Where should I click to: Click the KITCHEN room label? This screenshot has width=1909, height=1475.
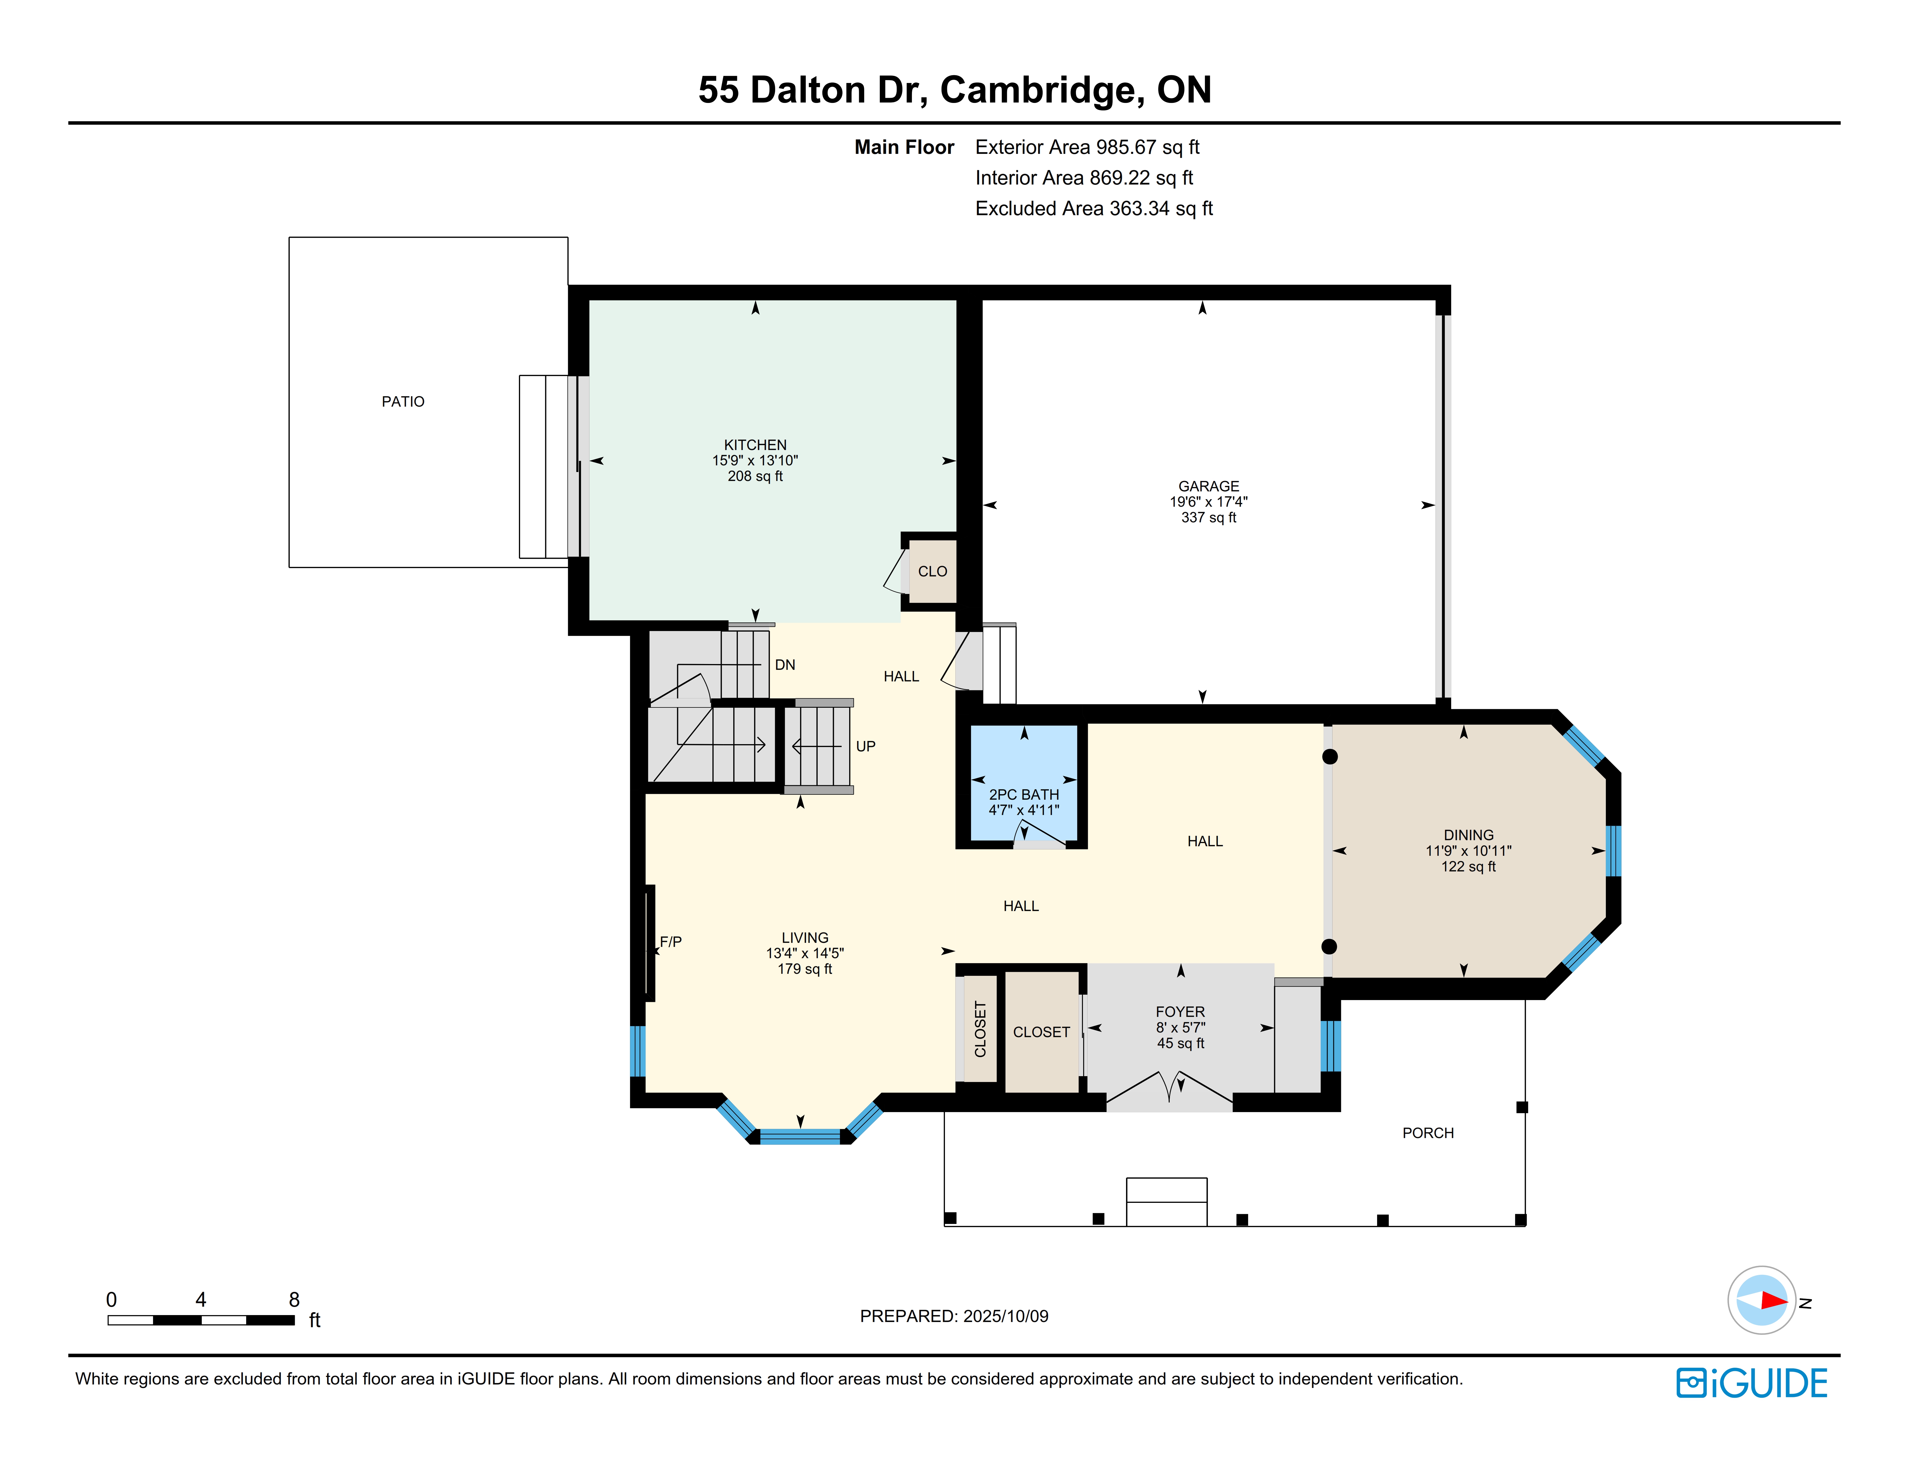click(x=755, y=445)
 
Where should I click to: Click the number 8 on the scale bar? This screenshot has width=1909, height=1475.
click(x=294, y=1299)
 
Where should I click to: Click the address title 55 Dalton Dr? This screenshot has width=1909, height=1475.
click(x=813, y=90)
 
